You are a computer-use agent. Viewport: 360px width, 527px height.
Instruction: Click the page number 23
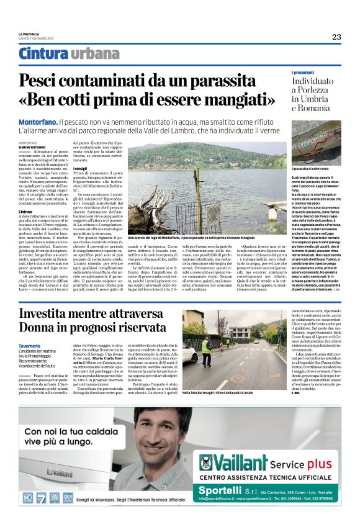pos(336,37)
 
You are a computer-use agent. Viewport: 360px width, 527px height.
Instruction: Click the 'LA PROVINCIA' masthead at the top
pos(29,34)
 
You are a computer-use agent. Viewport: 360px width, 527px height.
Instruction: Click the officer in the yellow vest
pos(205,345)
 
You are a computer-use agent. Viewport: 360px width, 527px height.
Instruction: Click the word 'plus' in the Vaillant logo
pos(320,462)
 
